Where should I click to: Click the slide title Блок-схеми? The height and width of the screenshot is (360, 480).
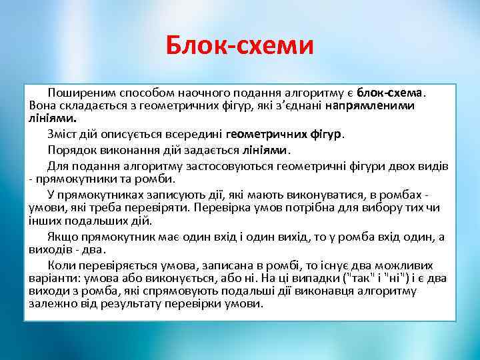(239, 46)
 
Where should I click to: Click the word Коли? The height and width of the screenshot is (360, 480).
(59, 265)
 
